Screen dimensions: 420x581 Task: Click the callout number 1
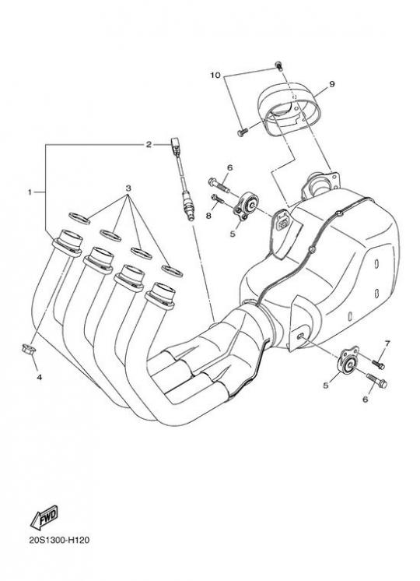click(30, 192)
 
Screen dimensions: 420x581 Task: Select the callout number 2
click(149, 145)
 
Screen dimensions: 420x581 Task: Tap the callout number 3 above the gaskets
click(128, 188)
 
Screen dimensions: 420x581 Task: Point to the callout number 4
click(39, 377)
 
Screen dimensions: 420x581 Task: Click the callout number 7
click(387, 343)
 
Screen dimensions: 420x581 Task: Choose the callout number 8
click(208, 216)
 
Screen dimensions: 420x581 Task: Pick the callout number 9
click(331, 84)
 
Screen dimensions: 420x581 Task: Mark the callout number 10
click(215, 76)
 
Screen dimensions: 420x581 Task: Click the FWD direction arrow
click(44, 517)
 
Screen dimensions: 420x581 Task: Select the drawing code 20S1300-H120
click(59, 540)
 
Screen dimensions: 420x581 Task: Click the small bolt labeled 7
click(379, 364)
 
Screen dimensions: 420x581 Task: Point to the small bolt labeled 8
click(218, 199)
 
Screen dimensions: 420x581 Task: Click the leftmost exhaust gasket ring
click(79, 218)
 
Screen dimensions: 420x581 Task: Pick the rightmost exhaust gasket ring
click(172, 271)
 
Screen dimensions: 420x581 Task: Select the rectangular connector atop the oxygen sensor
click(176, 145)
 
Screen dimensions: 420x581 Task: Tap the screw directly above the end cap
click(279, 66)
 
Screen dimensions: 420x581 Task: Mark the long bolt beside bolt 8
click(219, 185)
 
